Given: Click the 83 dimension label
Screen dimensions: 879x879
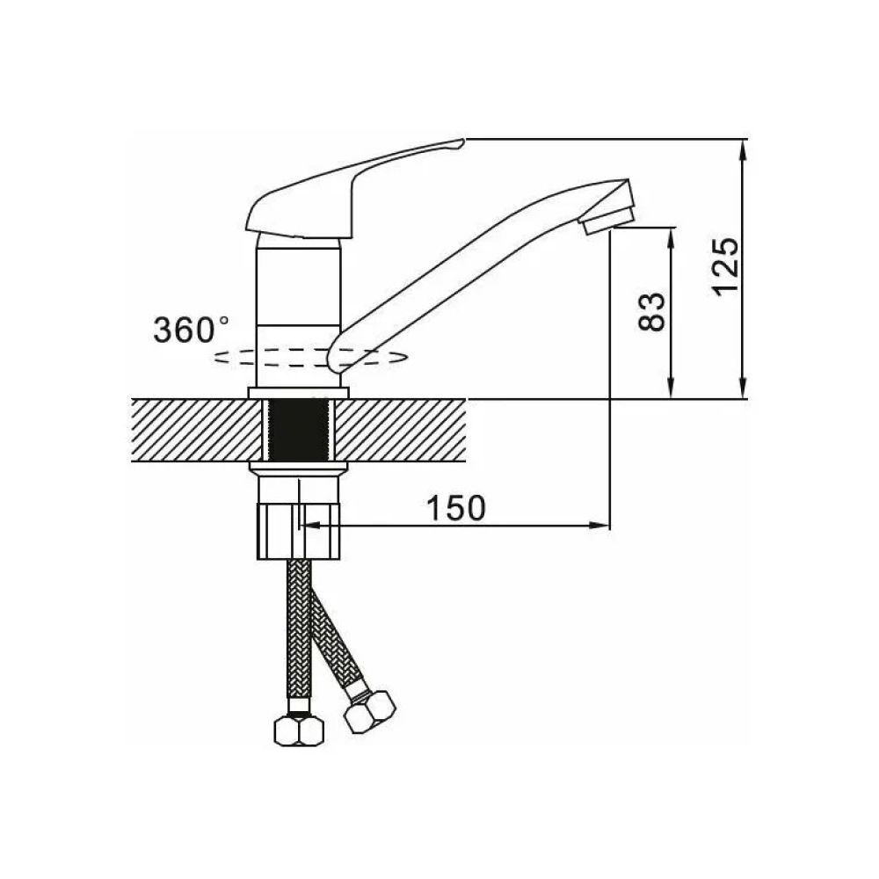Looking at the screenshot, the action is pos(652,312).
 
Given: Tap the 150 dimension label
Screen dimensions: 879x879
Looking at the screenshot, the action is pos(456,508).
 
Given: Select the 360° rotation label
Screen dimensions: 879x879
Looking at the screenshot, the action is pos(191,330).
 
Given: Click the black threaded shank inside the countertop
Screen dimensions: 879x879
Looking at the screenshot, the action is pos(298,431).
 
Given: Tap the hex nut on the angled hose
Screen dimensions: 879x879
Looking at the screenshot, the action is pos(369,711).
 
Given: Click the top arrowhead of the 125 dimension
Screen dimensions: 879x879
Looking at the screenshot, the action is pos(744,149).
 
